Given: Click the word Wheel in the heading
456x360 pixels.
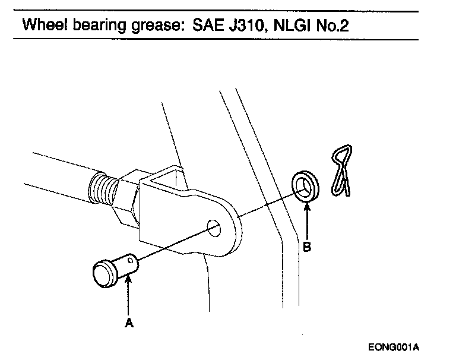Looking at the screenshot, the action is coord(42,26).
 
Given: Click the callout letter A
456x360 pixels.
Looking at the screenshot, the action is coord(129,323).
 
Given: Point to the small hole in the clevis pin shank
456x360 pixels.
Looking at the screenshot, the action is coord(131,259).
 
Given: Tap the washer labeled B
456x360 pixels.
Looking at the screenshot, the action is coord(306,185).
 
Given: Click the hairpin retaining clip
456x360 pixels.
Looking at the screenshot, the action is coord(341,169).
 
